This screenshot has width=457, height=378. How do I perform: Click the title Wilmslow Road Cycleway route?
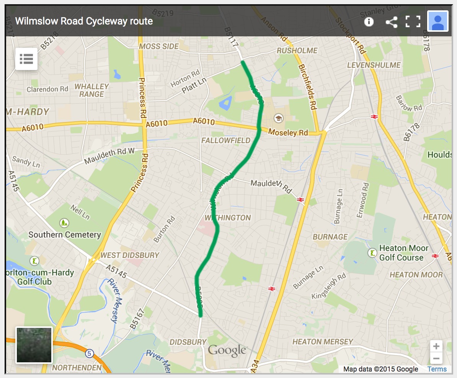tap(84, 21)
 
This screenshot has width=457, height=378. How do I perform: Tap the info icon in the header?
tap(369, 21)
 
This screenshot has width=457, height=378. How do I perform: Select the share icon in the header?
tap(391, 21)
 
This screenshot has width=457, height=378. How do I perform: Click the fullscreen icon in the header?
tap(413, 21)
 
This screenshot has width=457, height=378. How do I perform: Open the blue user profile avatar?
tap(437, 21)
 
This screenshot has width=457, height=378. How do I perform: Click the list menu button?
tap(26, 59)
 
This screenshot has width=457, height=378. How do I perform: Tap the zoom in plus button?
tap(436, 347)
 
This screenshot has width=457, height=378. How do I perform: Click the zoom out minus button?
tap(436, 359)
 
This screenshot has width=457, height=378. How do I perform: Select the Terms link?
tap(437, 369)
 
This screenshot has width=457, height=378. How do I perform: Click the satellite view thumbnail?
tap(34, 345)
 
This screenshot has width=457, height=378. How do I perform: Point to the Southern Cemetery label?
tap(65, 235)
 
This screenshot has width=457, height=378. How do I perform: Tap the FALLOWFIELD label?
tap(226, 140)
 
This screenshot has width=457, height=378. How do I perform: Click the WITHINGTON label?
tap(228, 218)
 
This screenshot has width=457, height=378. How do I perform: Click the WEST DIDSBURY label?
tap(129, 255)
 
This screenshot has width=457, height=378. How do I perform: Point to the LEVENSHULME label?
tap(374, 65)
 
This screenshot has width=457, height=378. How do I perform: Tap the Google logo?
tap(227, 350)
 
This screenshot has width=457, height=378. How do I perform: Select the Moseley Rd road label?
tap(288, 132)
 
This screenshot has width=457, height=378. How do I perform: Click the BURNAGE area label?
tap(330, 237)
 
